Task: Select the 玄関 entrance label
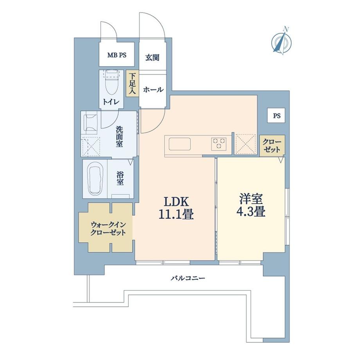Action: [x=152, y=57]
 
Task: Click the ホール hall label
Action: [x=153, y=90]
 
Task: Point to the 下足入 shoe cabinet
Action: [x=132, y=83]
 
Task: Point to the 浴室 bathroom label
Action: [x=120, y=179]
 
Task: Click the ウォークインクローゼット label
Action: [x=108, y=228]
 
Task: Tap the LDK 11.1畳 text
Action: [x=176, y=208]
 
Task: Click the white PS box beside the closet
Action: [x=277, y=116]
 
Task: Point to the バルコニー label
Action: [x=188, y=279]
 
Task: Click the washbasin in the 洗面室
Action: [x=90, y=122]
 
